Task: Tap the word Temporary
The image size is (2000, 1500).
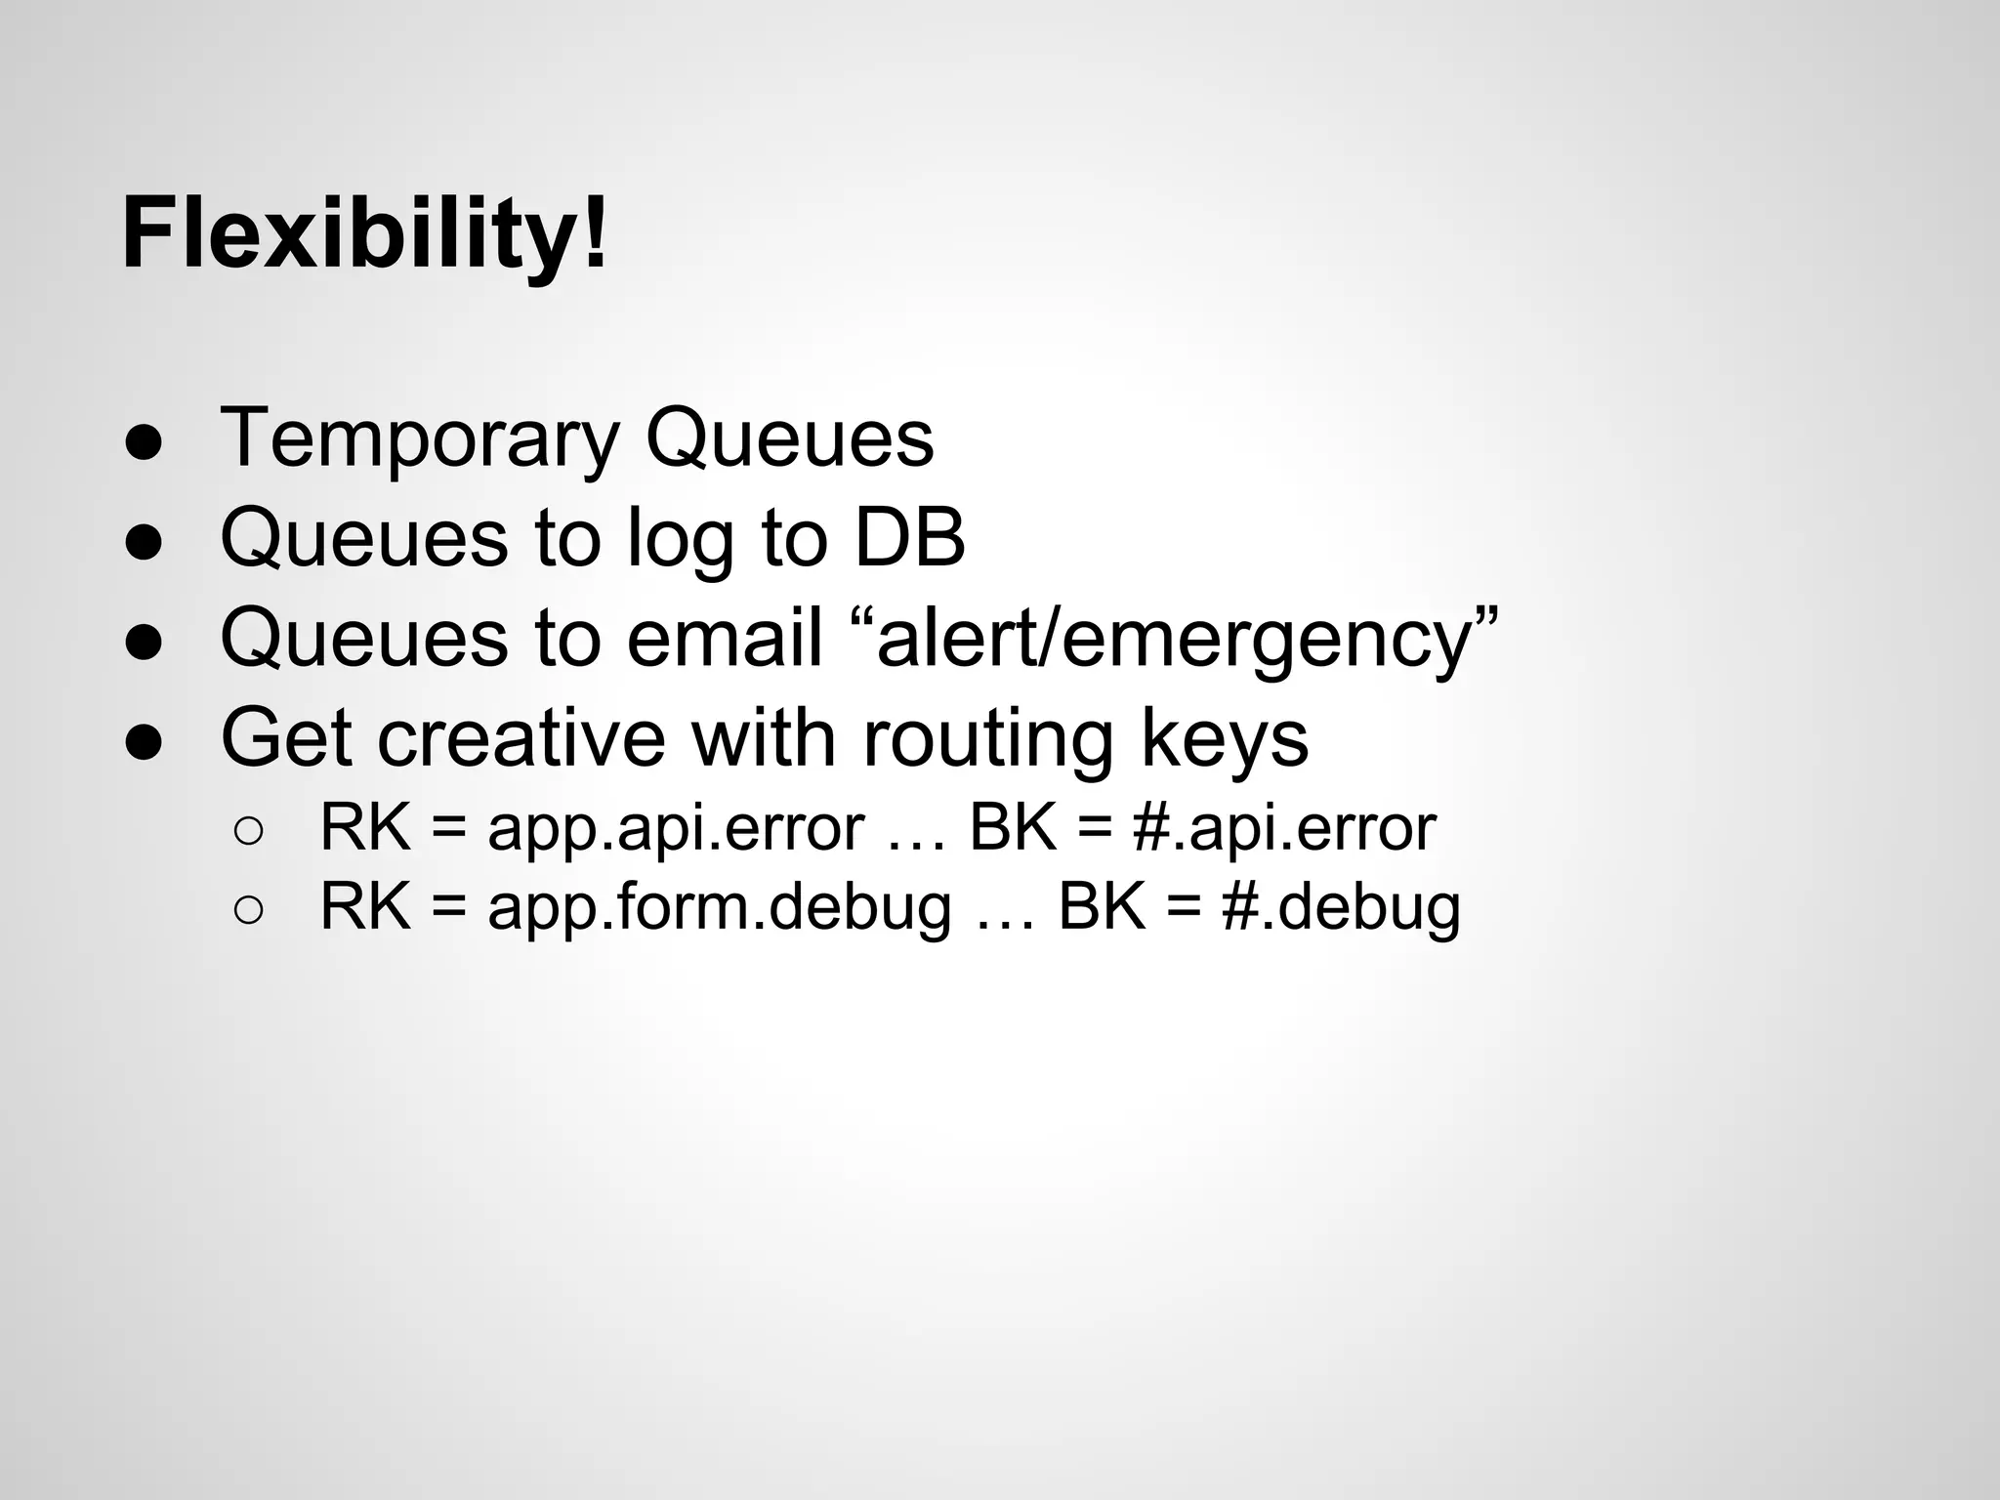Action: pos(420,438)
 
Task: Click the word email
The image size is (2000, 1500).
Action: pos(725,638)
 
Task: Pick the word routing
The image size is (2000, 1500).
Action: pos(988,740)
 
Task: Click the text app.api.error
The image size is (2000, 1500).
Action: pos(676,829)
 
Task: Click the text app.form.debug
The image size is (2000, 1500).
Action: pos(719,907)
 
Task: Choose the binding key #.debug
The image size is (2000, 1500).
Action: pos(1340,908)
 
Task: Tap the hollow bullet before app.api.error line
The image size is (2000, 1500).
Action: pos(248,831)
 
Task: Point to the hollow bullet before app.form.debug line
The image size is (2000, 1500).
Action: pos(248,910)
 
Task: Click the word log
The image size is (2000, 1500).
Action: pos(680,539)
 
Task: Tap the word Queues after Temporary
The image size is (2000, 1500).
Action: pos(789,438)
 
